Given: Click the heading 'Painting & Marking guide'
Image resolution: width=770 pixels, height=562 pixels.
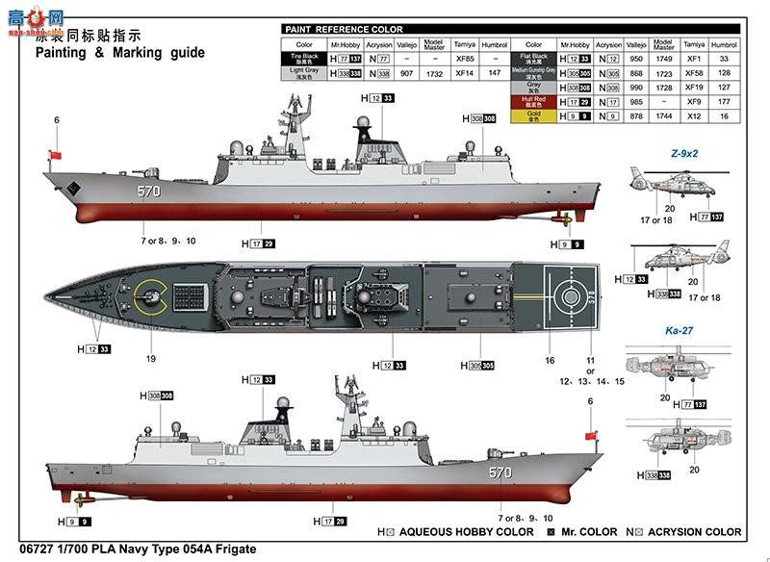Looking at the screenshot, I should (x=120, y=53).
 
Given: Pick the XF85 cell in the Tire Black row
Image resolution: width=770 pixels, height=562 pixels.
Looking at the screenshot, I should (x=465, y=59).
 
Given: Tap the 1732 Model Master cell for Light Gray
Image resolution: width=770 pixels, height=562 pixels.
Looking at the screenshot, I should (x=434, y=73).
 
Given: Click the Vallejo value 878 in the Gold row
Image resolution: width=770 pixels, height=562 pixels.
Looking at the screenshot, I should (x=635, y=115).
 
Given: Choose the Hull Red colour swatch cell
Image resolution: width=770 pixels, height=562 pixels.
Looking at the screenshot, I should (x=533, y=100).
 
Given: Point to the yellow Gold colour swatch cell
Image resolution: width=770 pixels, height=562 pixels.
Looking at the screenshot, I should (x=533, y=115).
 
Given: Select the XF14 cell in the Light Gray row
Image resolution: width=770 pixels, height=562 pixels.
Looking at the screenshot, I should (x=465, y=73).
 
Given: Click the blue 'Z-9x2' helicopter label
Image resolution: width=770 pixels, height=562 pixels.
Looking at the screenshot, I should (x=684, y=153).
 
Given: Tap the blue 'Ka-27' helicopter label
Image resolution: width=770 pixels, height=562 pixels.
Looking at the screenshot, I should (x=680, y=330).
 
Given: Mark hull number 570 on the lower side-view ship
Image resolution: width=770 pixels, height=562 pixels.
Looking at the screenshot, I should (x=500, y=473).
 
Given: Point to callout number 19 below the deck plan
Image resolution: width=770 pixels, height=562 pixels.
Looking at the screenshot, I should (x=151, y=359).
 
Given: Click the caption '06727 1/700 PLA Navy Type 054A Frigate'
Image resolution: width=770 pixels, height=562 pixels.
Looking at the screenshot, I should (x=131, y=549).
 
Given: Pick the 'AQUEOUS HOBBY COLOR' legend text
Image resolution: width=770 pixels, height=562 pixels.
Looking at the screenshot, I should (x=466, y=531).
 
